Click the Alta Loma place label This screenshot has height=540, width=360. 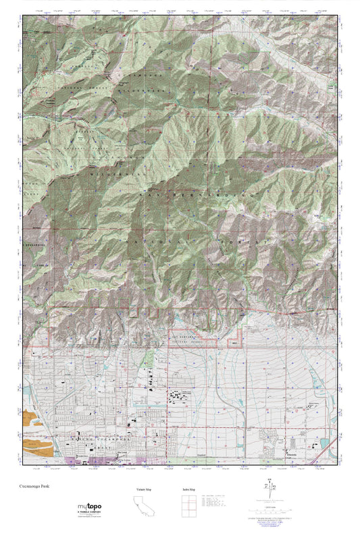coord(122,453)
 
